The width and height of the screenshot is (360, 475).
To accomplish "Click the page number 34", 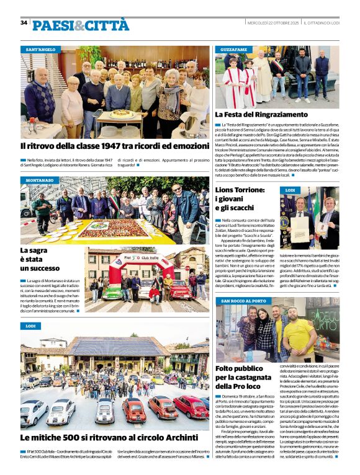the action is [24, 22].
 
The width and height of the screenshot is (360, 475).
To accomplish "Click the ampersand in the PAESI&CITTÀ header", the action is [79, 25].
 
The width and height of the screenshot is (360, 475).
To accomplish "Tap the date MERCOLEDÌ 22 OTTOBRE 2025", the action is [273, 23].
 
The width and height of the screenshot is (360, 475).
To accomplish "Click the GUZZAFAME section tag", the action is [234, 49].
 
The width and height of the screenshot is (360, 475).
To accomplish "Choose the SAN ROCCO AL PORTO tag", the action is [243, 301].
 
